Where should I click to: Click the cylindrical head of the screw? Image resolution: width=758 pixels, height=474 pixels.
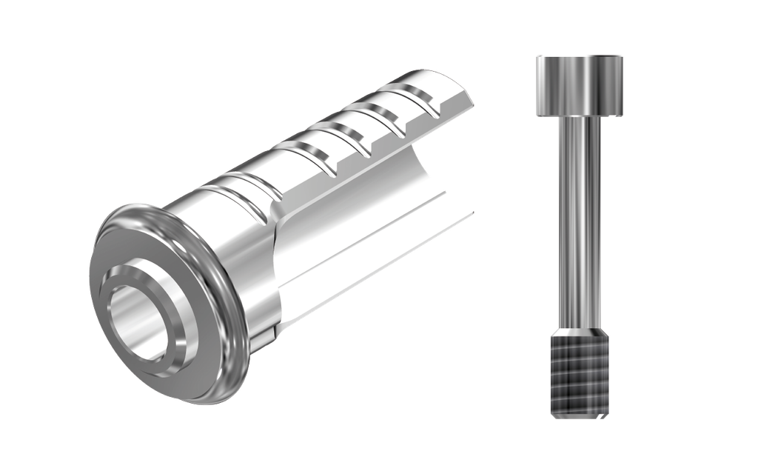[578, 85]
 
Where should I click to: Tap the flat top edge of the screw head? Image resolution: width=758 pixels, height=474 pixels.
[578, 55]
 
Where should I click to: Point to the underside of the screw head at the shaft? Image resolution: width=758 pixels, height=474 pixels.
[578, 116]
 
